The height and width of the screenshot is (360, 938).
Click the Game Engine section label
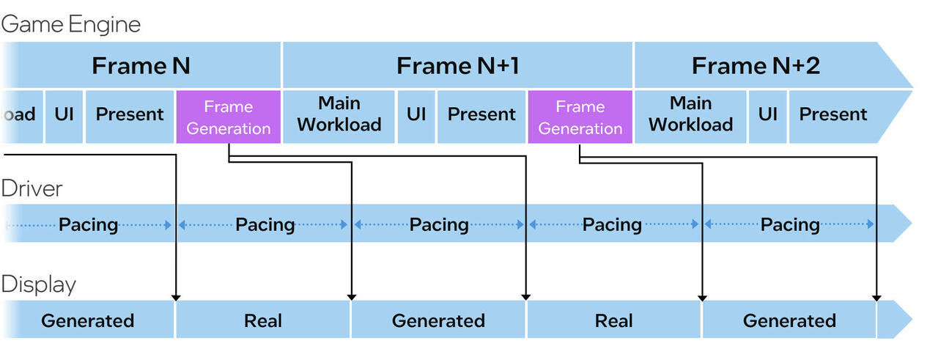(71, 24)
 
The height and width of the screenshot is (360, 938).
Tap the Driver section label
(32, 188)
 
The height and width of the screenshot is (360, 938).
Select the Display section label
(39, 284)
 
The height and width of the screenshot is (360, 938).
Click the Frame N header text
(141, 66)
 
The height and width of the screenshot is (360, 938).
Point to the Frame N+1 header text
(458, 66)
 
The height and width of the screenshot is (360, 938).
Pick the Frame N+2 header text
(756, 66)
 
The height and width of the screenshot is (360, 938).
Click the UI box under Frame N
(64, 117)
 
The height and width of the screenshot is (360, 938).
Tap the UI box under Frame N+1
(416, 117)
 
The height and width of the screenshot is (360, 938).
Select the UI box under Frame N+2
(767, 117)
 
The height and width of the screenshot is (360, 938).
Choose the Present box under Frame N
(130, 117)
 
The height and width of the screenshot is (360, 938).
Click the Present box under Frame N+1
(481, 117)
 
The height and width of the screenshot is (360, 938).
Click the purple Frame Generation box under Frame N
(228, 117)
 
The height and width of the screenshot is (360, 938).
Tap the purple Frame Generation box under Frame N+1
(580, 117)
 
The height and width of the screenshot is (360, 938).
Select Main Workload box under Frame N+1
(339, 117)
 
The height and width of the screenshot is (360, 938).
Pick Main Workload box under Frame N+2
(690, 117)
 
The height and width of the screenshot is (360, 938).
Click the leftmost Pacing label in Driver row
(89, 225)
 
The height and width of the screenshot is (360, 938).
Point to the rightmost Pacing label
(790, 225)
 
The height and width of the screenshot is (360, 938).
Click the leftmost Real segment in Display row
(263, 320)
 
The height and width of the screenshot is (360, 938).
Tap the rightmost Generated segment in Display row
(789, 320)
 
